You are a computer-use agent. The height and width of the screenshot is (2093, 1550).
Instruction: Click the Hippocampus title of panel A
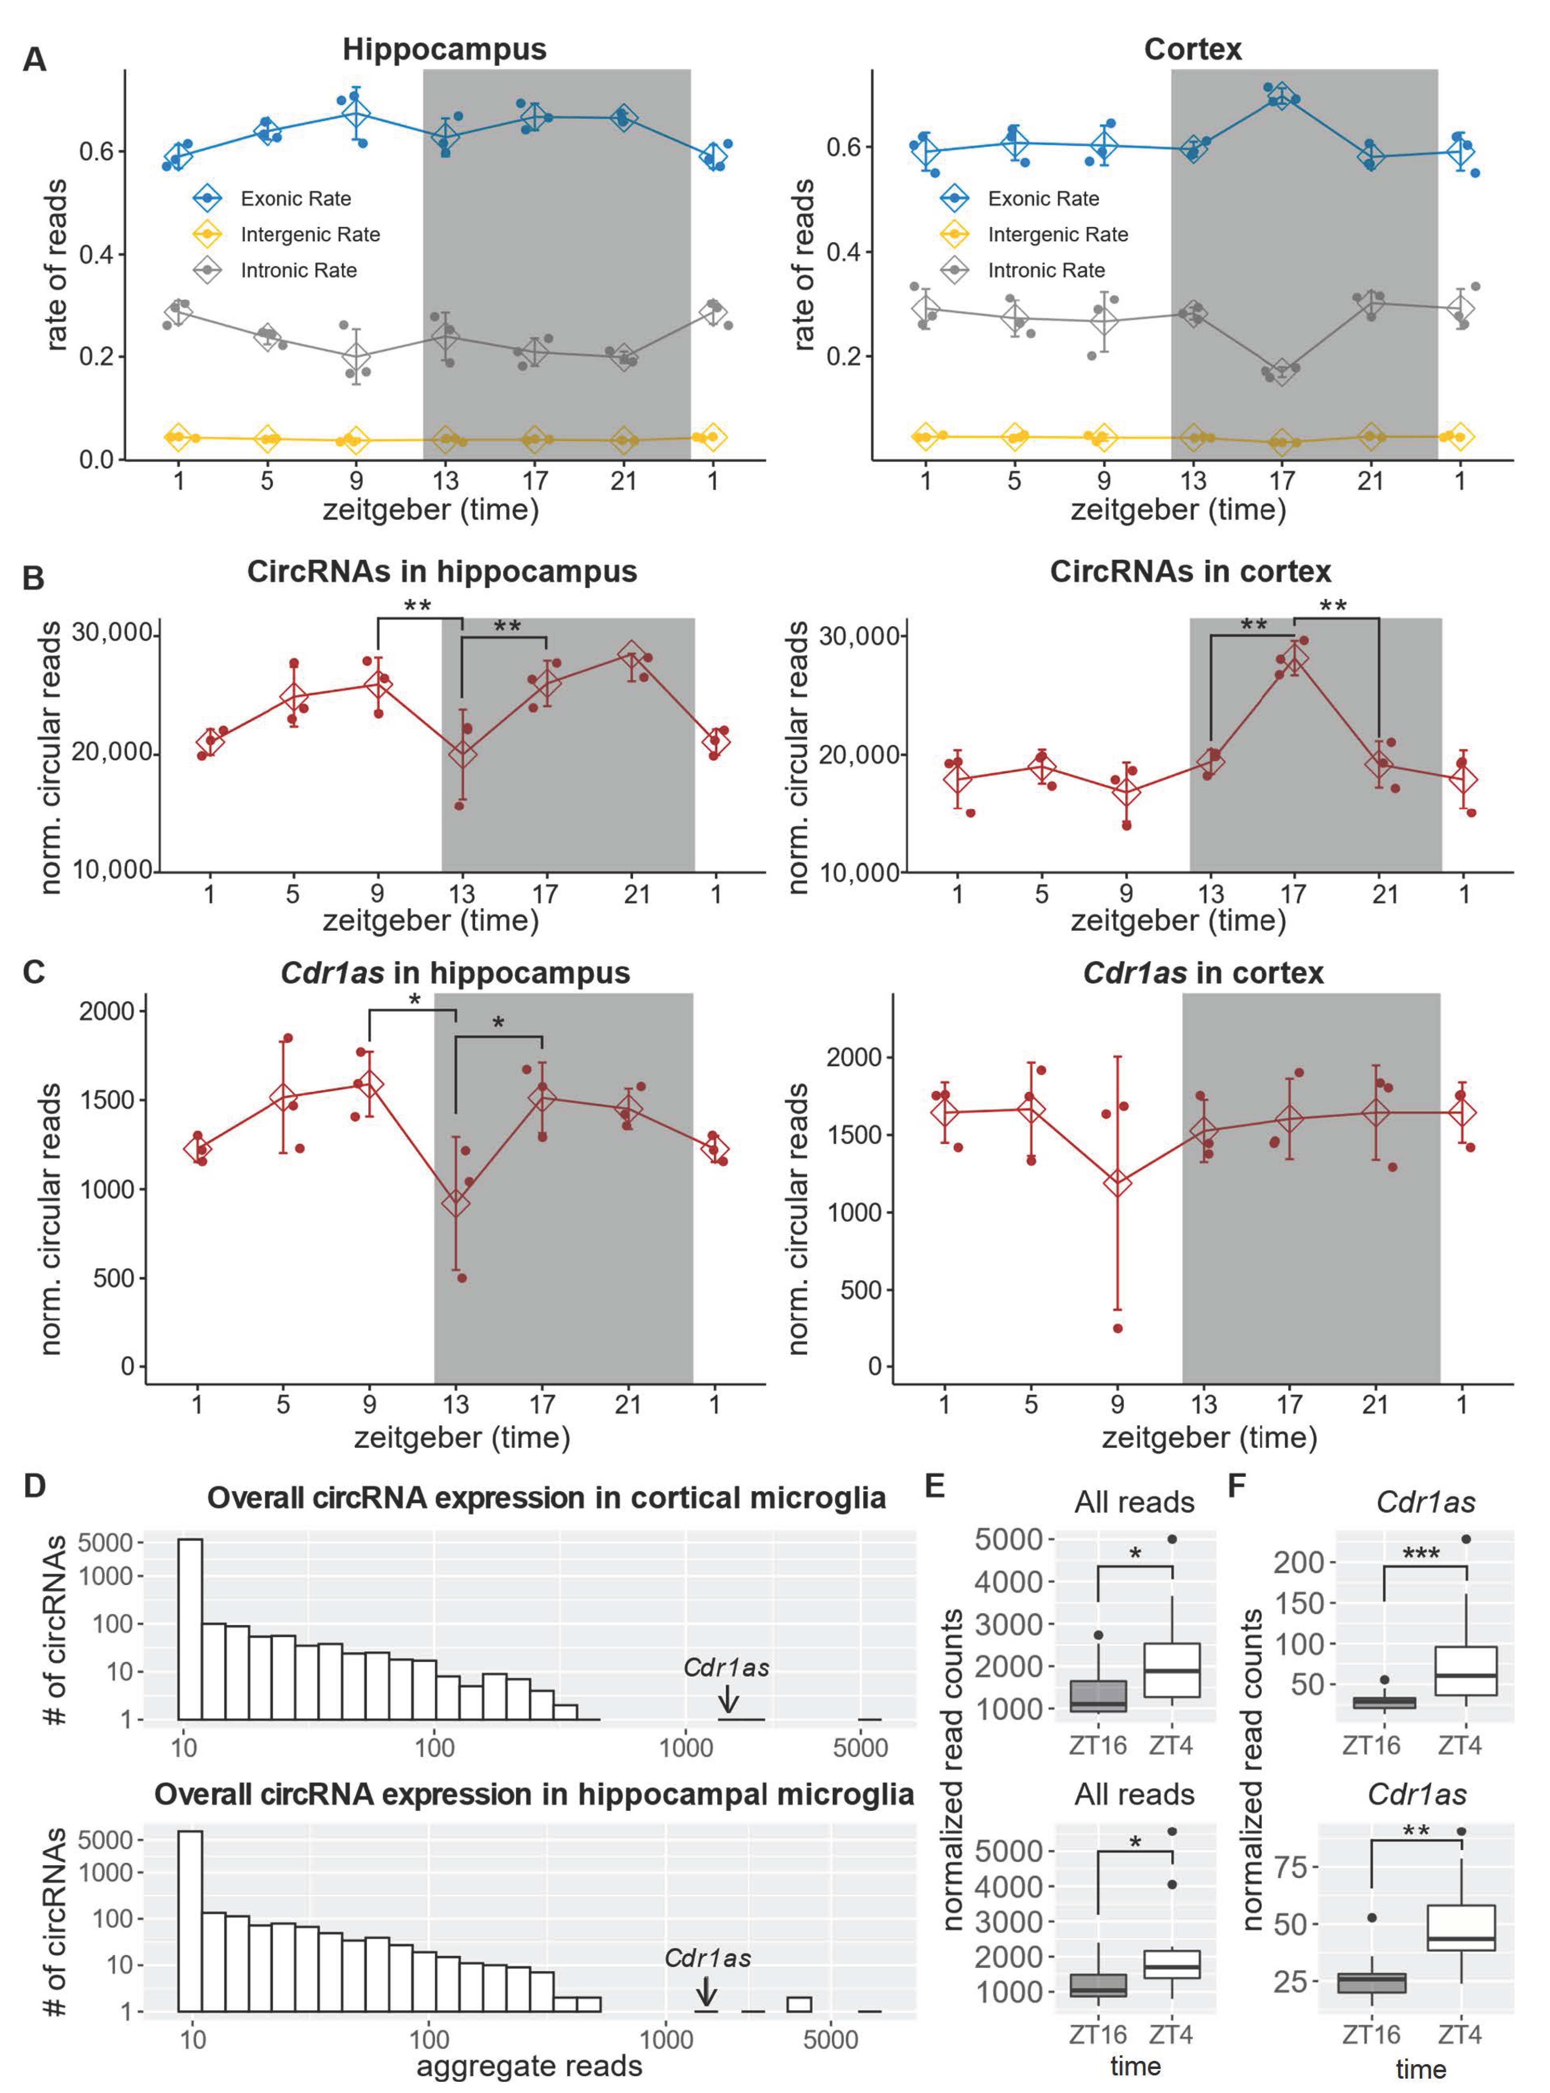[x=444, y=49]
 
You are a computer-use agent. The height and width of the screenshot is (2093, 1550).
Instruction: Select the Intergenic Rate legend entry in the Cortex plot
[x=1057, y=235]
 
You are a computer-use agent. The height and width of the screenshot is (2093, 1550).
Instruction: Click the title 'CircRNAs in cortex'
[x=1190, y=572]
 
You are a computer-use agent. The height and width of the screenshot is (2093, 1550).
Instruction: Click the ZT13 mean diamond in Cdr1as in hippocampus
[x=456, y=1203]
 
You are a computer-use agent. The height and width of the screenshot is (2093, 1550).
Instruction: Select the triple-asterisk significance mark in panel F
[x=1421, y=1553]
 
